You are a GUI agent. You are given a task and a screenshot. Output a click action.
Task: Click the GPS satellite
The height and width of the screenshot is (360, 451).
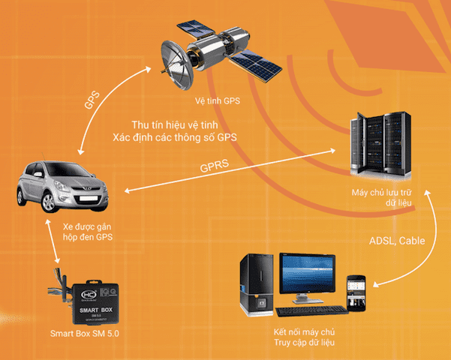click(218, 54)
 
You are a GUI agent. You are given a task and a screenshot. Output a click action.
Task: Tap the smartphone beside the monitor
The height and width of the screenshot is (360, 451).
click(356, 290)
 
